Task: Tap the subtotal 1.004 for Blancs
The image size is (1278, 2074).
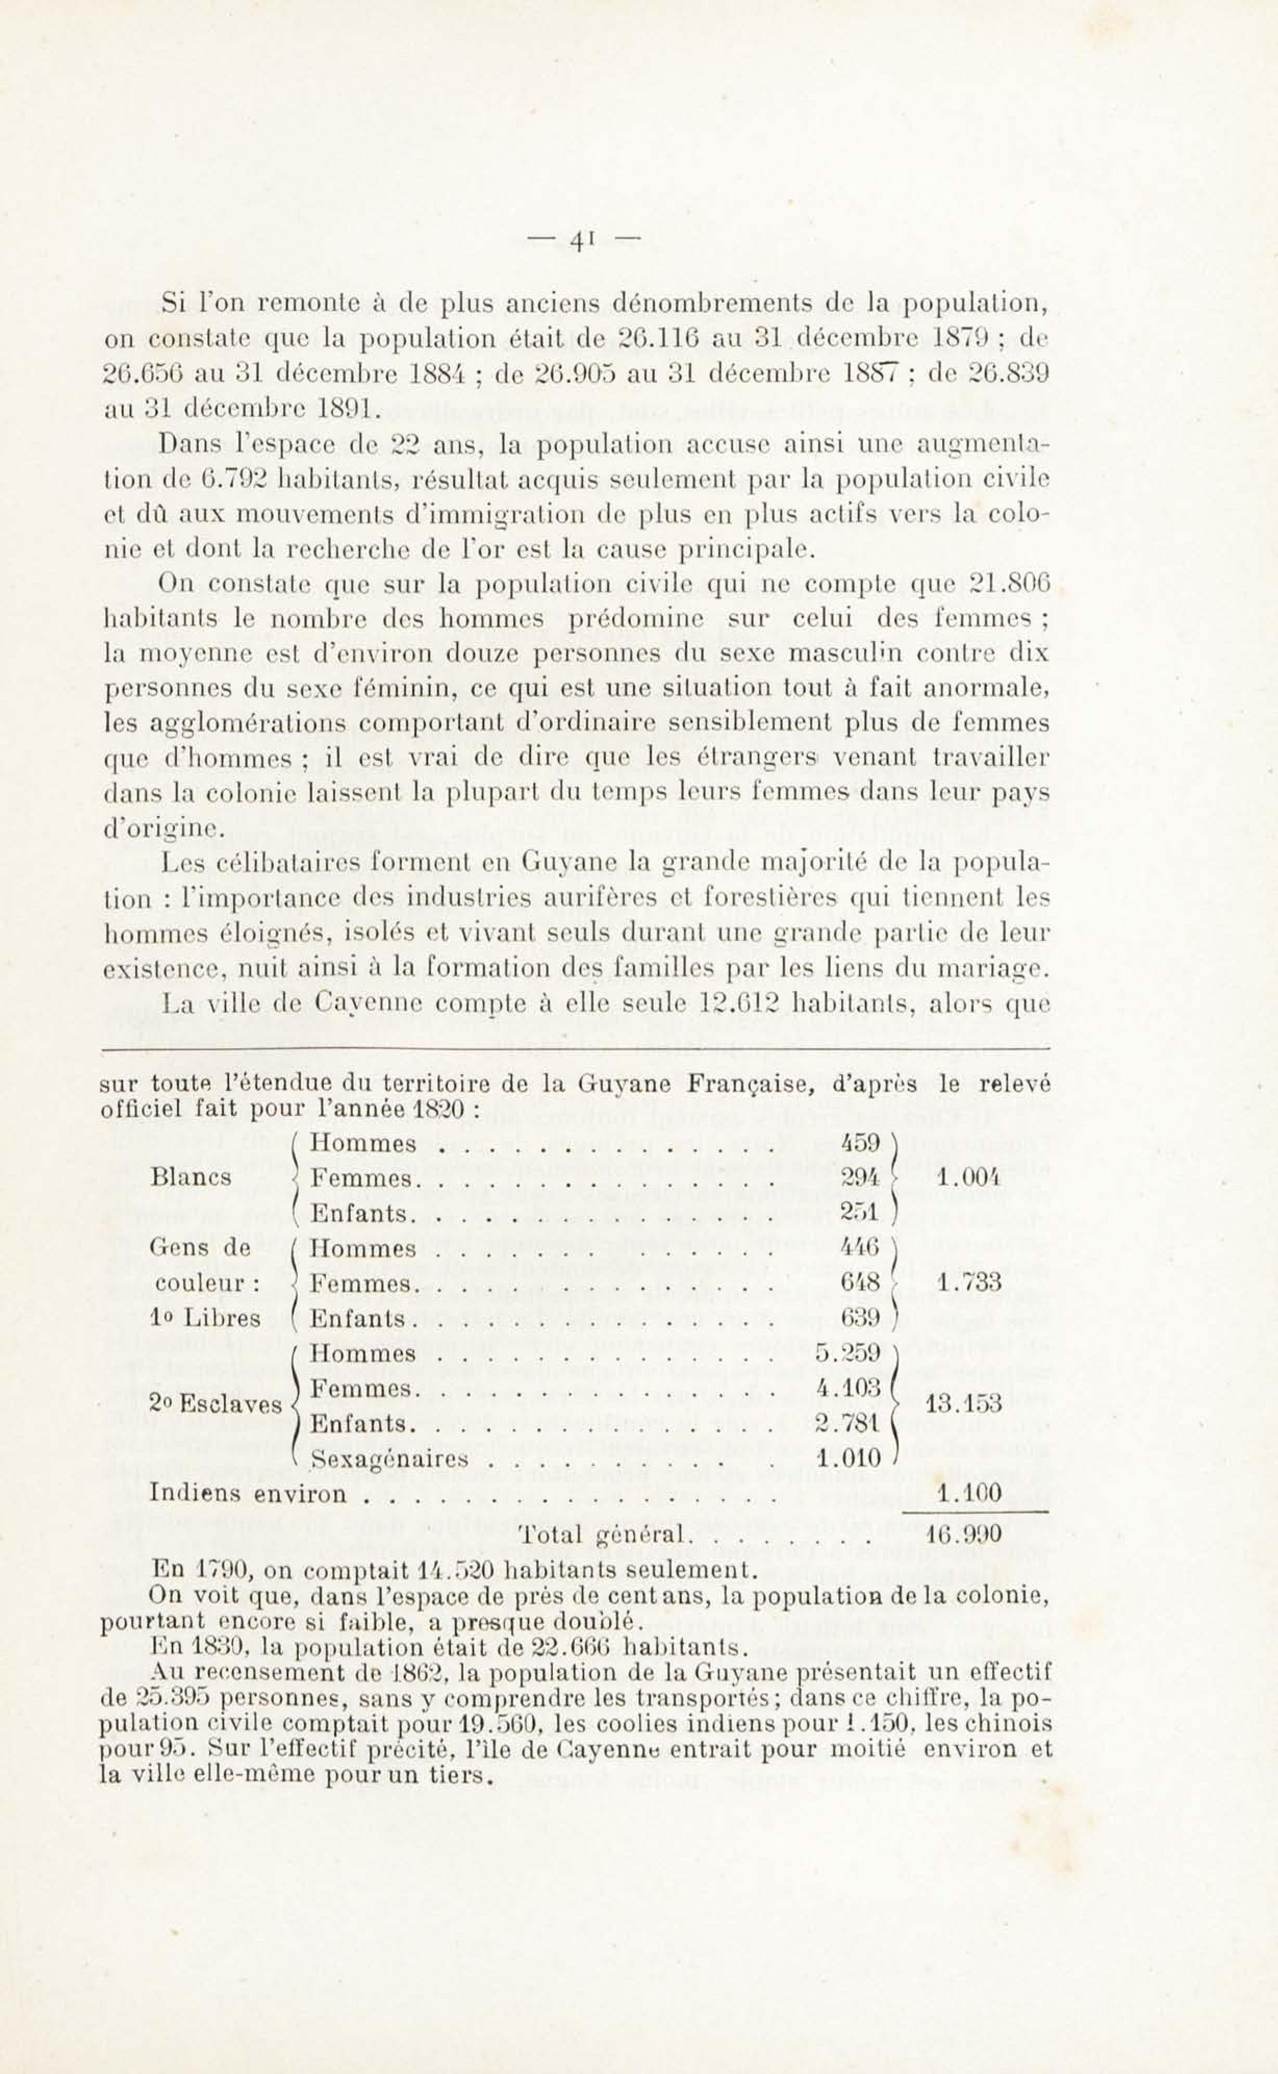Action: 969,1178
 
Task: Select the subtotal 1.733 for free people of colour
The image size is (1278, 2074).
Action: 969,1283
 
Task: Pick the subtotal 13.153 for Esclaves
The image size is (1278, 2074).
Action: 964,1405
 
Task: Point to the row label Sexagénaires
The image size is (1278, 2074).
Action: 390,1460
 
